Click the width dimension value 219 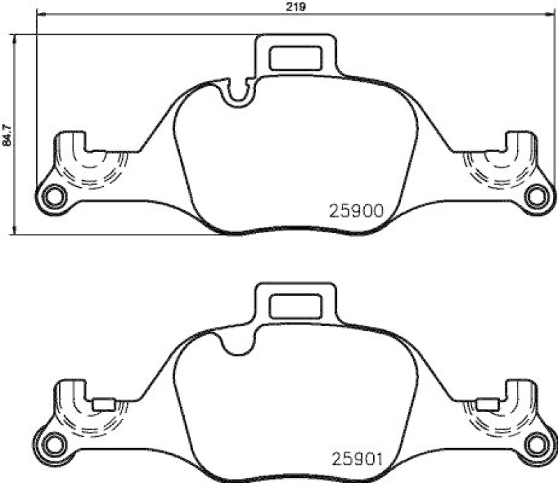[x=296, y=7]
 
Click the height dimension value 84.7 [x=8, y=133]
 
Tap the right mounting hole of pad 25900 [x=536, y=196]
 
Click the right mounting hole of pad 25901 [x=536, y=443]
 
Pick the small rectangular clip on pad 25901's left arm [x=104, y=403]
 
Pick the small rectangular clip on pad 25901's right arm [x=485, y=403]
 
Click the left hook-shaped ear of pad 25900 [x=70, y=150]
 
